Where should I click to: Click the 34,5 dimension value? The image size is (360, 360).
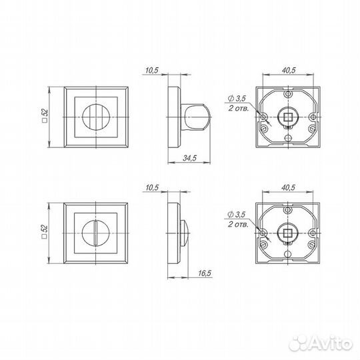coord(189,158)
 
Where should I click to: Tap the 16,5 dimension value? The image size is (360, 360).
coord(205,273)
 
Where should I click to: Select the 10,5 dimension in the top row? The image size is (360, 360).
coord(152,70)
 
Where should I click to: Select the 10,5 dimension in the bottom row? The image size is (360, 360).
coord(152,187)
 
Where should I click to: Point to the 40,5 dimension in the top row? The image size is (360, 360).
coord(289,70)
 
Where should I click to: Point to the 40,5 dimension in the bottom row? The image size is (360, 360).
coord(288,187)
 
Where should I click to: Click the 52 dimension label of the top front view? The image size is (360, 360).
coord(45,115)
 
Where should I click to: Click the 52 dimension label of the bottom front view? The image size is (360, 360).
coord(45,231)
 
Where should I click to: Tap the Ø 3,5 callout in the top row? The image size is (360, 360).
coord(237,99)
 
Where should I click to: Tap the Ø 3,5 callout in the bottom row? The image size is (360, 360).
coord(236,215)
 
